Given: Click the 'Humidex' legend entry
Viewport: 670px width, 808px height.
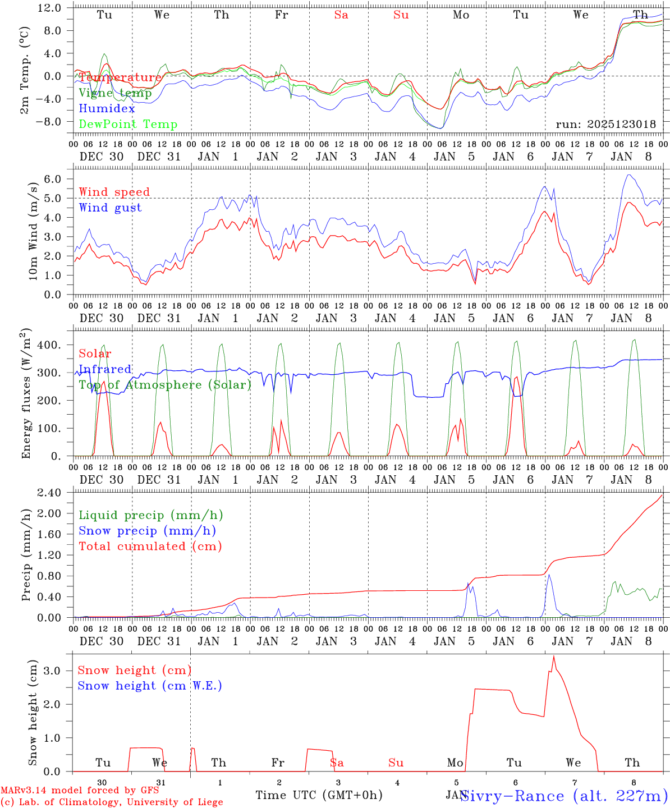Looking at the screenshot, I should (107, 109).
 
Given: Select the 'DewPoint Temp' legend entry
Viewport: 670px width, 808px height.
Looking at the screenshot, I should (128, 125).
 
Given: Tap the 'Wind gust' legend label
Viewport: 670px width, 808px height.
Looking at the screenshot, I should (110, 208).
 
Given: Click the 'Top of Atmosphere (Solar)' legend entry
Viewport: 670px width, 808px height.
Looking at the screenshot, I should (164, 385).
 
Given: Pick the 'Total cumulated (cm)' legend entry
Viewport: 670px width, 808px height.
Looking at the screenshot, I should (150, 546).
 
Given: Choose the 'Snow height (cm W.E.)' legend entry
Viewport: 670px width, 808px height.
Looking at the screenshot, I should (150, 686).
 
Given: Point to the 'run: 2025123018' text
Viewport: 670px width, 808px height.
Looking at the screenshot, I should (605, 125).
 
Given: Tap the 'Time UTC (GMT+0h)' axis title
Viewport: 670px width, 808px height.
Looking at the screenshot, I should (319, 795).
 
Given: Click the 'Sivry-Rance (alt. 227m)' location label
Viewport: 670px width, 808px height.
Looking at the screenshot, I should (563, 796).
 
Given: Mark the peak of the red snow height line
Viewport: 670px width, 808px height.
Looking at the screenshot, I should (554, 656).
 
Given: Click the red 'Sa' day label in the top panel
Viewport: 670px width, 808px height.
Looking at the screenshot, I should (341, 15).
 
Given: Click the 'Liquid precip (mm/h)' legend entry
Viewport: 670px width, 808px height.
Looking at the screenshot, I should (150, 515).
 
